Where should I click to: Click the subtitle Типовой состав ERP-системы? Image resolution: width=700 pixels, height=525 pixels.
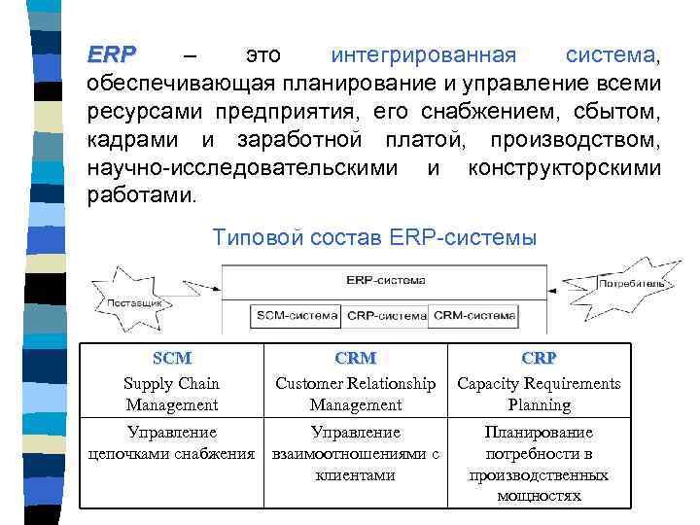tap(373, 237)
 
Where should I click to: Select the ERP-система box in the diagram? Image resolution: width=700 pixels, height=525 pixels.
tap(385, 280)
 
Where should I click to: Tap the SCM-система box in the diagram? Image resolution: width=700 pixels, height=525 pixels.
tap(297, 315)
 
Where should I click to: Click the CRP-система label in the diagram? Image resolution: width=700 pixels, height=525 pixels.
tap(386, 315)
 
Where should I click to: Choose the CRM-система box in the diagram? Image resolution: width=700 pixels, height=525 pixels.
tap(474, 315)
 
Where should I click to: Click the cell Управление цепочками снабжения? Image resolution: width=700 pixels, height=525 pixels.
tap(172, 442)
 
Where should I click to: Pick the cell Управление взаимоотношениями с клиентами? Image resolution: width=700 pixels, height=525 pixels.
tap(355, 453)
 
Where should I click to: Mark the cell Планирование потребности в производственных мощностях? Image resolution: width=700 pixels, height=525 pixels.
tap(539, 464)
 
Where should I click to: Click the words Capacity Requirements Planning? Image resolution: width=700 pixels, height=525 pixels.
tap(539, 394)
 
